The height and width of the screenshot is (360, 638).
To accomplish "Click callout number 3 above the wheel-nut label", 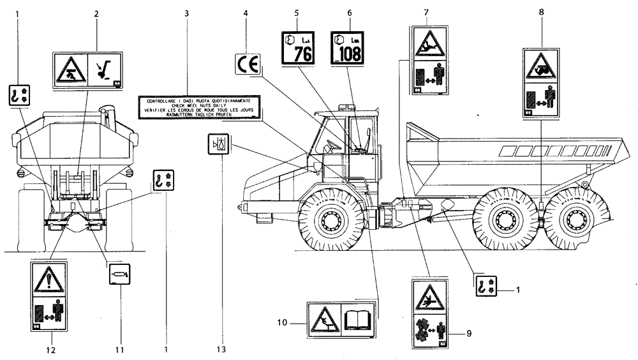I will click(187, 13).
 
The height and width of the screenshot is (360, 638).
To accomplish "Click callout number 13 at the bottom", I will click(224, 349).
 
